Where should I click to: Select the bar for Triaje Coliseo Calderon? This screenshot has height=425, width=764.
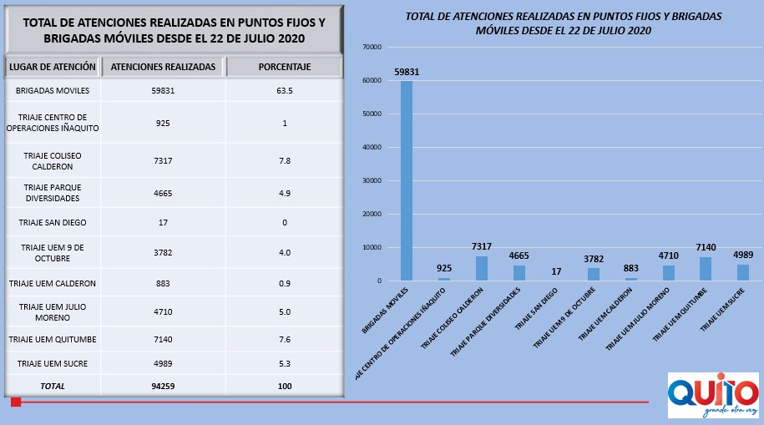[x=482, y=268]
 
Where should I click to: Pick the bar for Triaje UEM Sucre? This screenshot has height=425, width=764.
[x=743, y=272]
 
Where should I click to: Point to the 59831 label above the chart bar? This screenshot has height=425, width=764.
[x=407, y=73]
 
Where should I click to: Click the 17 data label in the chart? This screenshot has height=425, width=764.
[x=556, y=271]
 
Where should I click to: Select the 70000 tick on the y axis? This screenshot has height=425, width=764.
[x=372, y=47]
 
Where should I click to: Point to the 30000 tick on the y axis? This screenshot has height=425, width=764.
[x=372, y=180]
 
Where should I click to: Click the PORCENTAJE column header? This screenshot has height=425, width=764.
[x=285, y=67]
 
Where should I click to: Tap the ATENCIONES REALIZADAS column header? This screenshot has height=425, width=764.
[x=163, y=67]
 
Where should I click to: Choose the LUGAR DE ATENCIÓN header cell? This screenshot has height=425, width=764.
[x=53, y=67]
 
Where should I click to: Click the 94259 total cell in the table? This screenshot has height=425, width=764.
[x=163, y=387]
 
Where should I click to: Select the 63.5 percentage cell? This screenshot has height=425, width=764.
[x=285, y=90]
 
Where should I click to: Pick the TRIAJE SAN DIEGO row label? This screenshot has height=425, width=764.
[x=53, y=223]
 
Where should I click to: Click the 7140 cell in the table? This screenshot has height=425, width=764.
[x=163, y=340]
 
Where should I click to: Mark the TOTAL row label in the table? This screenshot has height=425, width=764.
[x=53, y=387]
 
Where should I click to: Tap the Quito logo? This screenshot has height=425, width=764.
[x=712, y=395]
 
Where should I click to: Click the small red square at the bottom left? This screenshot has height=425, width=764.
[x=15, y=402]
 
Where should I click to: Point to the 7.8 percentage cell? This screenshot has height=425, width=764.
[x=285, y=160]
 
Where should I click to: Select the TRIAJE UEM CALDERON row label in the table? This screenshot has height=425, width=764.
[x=53, y=284]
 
